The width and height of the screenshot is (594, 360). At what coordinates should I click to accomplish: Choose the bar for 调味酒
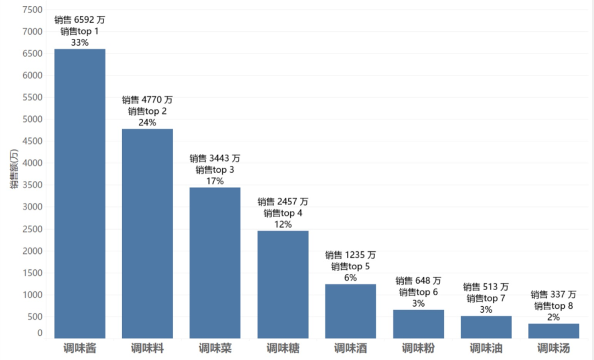[350, 311]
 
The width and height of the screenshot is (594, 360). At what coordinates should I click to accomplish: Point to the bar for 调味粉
[418, 324]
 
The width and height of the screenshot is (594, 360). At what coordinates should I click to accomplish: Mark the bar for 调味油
[486, 327]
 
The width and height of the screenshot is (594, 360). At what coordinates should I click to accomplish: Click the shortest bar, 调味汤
[554, 331]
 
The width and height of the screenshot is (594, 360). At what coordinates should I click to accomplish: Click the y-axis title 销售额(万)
[14, 170]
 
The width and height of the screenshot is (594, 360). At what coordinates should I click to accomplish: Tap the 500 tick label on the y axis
[35, 317]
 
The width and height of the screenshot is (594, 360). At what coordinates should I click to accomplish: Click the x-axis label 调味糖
[283, 348]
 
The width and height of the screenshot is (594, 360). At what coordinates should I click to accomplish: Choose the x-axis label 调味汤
[554, 348]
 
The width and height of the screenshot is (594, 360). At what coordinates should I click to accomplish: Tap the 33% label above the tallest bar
[80, 42]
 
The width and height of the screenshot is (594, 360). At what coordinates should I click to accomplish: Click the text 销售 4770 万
[147, 100]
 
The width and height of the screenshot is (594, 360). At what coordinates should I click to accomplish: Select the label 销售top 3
[215, 170]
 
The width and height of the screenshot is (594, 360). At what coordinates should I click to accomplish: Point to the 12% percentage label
[283, 224]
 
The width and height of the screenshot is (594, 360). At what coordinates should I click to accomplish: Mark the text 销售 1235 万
[350, 255]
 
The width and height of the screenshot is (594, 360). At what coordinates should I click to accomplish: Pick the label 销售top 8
[554, 306]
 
